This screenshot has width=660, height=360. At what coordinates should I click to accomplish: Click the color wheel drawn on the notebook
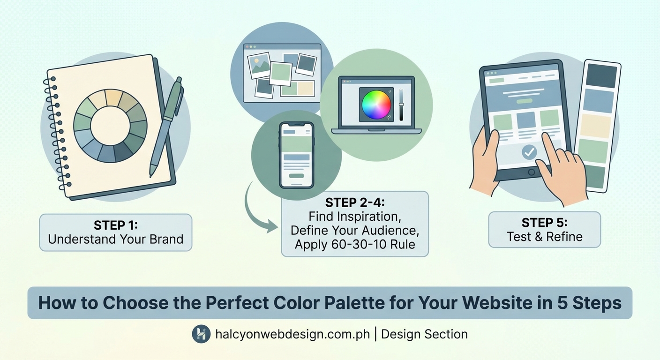110,126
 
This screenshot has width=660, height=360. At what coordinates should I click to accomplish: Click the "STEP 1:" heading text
115,225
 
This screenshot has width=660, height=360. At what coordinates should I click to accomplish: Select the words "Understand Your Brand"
115,240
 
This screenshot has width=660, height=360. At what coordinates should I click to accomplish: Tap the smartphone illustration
296,155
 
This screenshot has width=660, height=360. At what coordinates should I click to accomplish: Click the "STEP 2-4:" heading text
354,203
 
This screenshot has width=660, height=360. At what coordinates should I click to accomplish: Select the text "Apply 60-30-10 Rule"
354,244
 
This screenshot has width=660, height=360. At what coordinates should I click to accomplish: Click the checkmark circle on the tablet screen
529,152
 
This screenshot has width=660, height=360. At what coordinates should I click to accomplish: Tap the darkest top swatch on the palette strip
601,75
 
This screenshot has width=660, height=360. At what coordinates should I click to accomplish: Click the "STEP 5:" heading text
544,222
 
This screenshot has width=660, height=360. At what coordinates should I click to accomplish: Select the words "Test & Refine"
544,236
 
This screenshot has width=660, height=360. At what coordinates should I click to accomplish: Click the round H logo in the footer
201,334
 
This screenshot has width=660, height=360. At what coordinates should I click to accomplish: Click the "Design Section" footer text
424,334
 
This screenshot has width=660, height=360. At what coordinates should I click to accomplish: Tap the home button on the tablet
531,172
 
